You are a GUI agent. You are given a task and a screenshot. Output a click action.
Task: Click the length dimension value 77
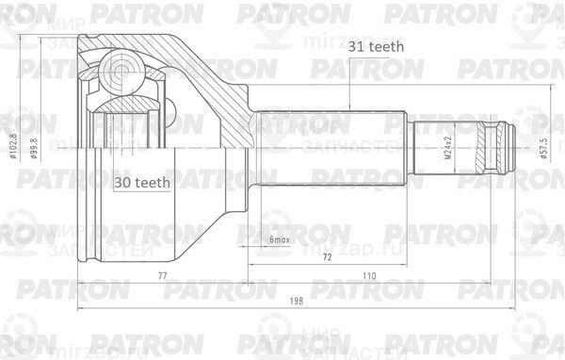pos(161,275)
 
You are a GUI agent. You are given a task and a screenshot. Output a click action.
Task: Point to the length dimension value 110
pos(370,275)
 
